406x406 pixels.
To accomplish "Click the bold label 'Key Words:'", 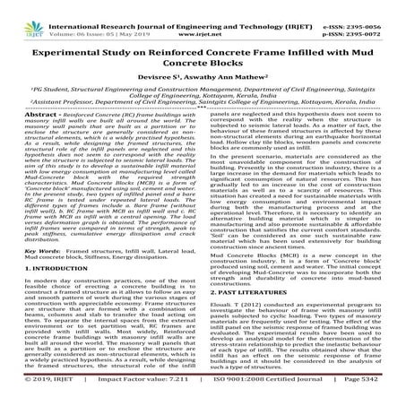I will pyautogui.click(x=39, y=254).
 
